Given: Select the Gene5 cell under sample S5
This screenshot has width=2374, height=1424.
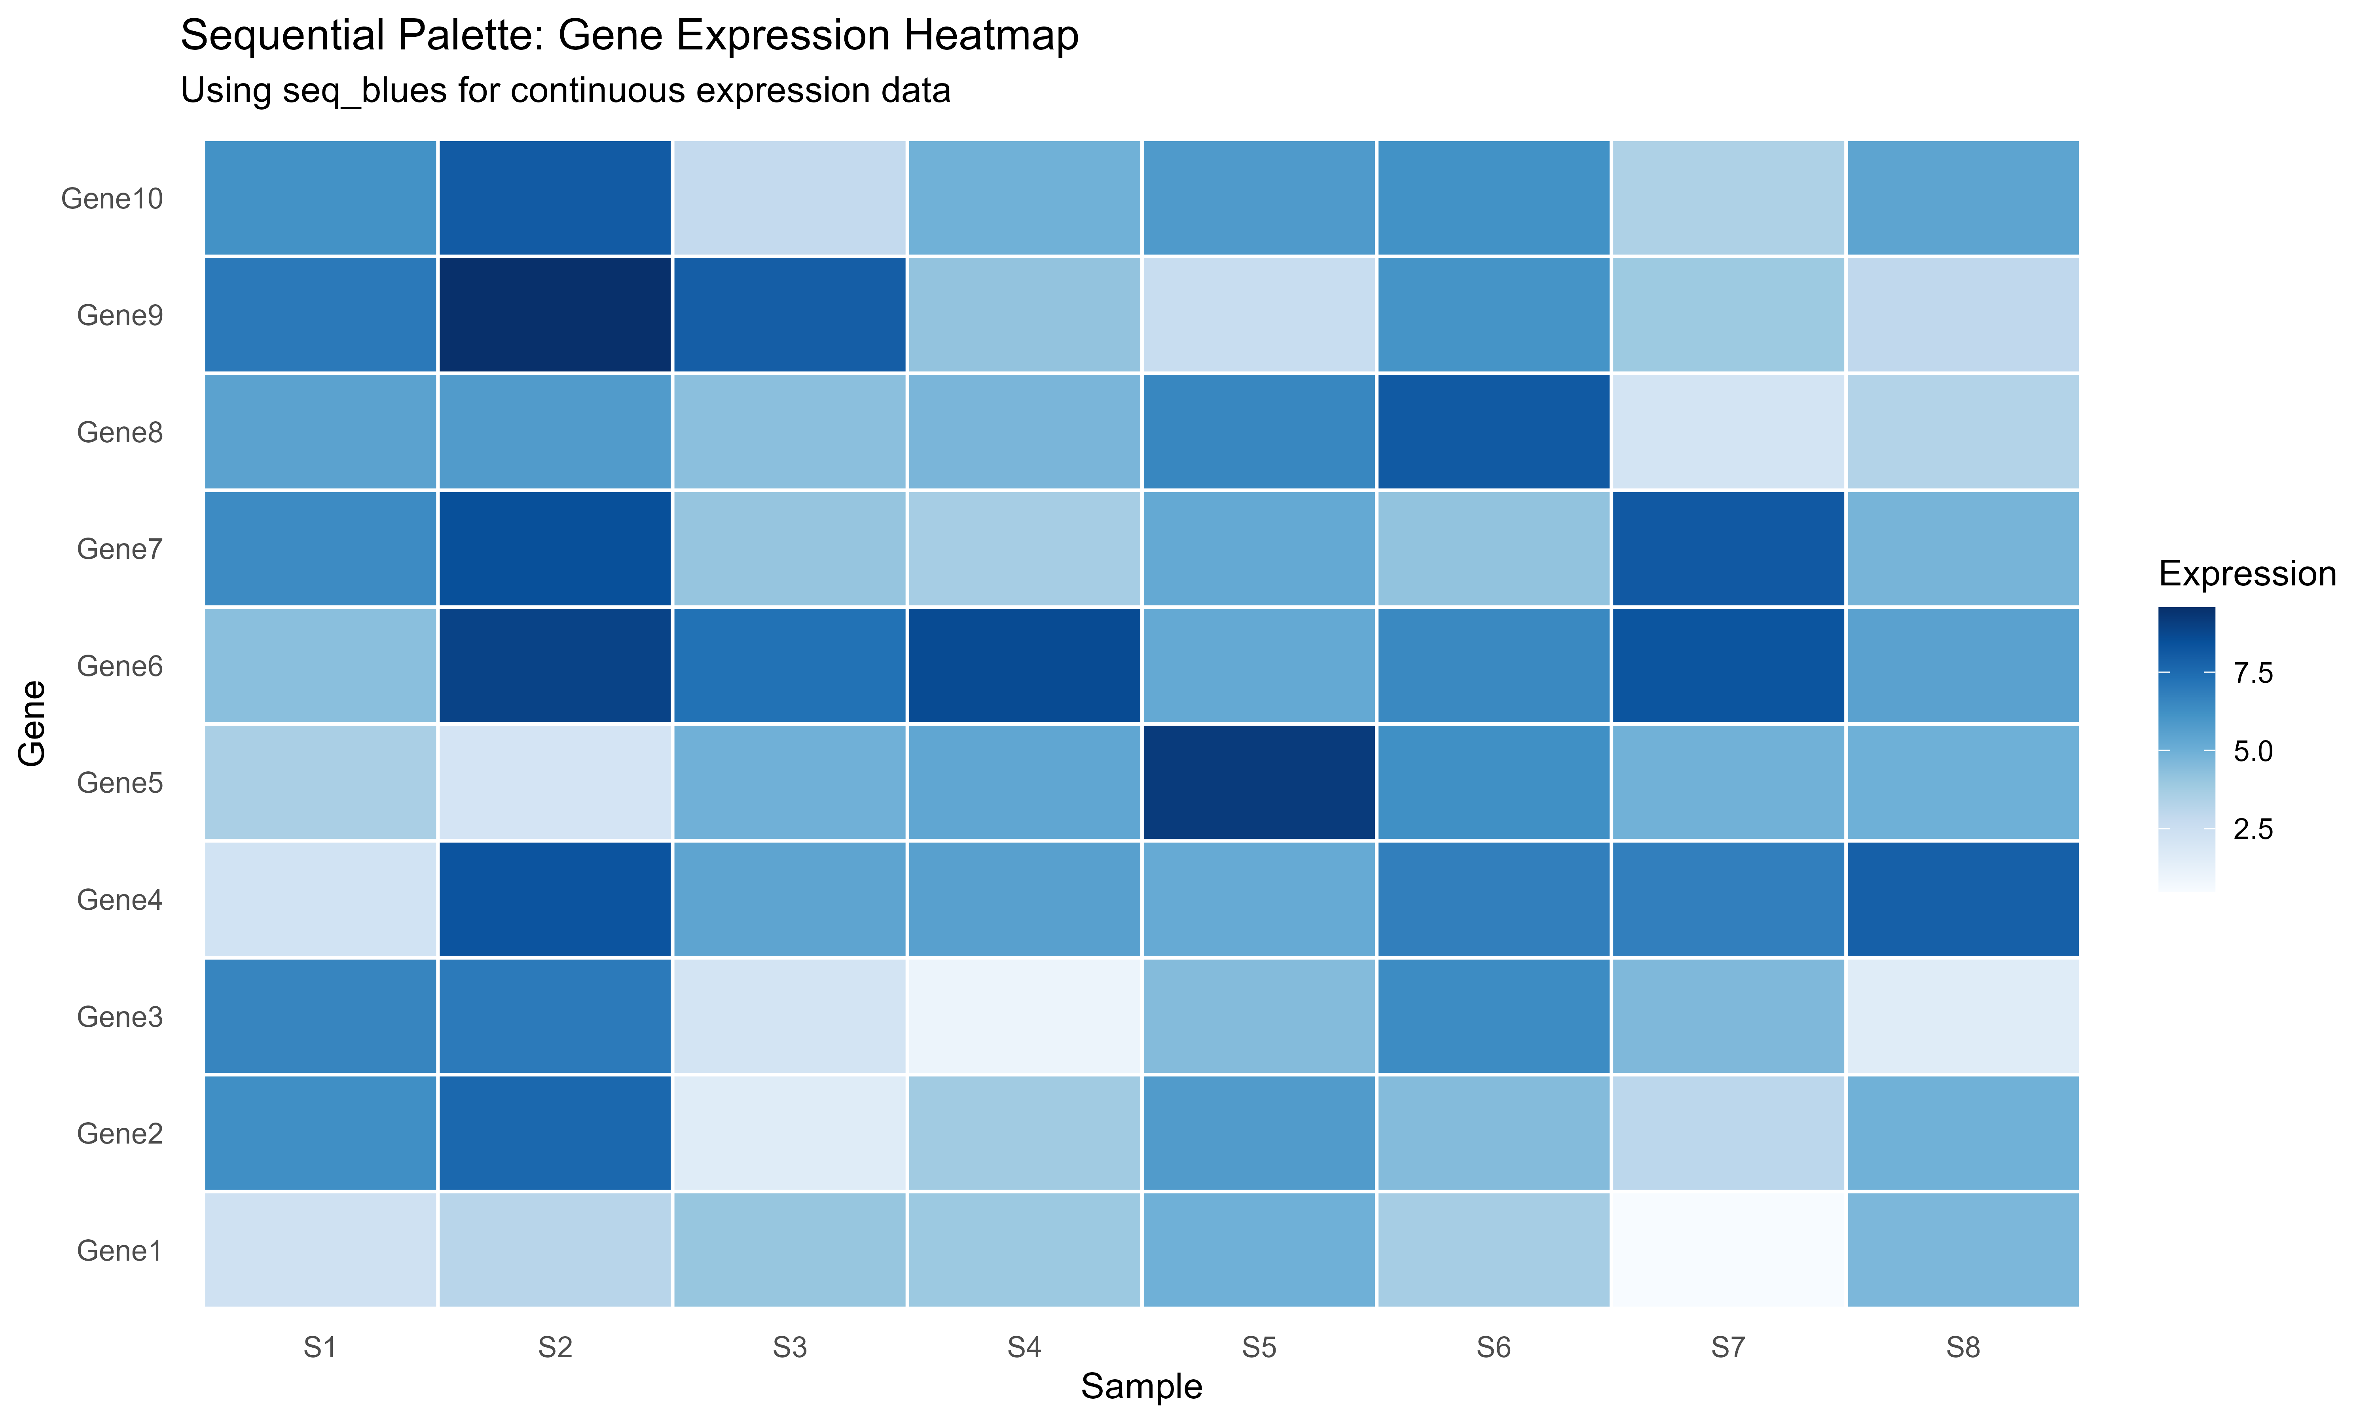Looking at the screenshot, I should (1259, 782).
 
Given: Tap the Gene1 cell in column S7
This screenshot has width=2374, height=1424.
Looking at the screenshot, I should (1728, 1249).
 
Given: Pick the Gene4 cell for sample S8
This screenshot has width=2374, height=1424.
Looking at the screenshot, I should (1963, 899).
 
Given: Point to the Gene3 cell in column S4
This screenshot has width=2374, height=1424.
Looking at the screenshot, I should (1024, 1016).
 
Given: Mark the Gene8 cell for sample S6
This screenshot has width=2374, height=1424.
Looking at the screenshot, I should (1493, 432).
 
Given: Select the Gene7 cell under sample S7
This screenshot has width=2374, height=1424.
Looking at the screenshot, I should (1728, 549).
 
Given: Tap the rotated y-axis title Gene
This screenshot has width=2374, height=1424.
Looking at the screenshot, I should (32, 723).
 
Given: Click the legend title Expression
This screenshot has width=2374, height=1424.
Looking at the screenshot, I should (2246, 574).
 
